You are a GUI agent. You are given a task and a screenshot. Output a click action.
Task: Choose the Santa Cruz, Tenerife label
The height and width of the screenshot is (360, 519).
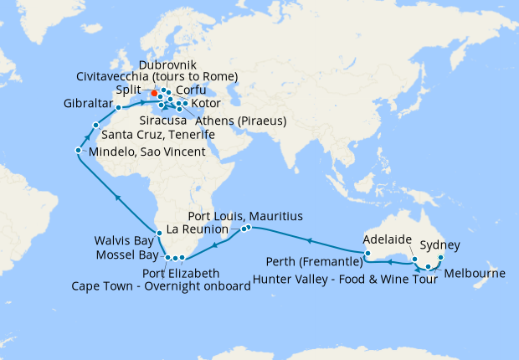point(158,135)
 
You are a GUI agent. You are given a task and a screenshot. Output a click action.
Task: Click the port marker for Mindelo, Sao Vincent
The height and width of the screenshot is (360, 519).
point(78,151)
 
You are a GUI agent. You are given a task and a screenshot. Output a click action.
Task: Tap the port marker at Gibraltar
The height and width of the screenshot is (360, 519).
point(119,107)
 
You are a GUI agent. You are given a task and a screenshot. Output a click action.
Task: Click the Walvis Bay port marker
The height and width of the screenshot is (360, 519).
point(158,232)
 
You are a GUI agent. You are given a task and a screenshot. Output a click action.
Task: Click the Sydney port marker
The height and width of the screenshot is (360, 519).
point(441,258)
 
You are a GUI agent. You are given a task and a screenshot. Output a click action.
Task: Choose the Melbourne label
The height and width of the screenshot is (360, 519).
point(475,274)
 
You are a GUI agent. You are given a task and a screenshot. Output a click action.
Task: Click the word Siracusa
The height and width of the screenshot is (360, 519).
point(162,121)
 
